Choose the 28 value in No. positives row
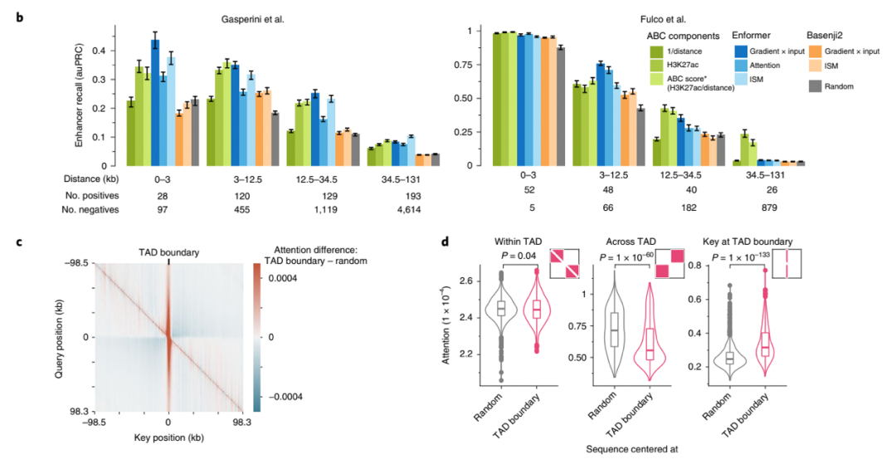point(160,193)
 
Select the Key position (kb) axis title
point(170,436)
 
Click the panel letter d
point(445,242)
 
